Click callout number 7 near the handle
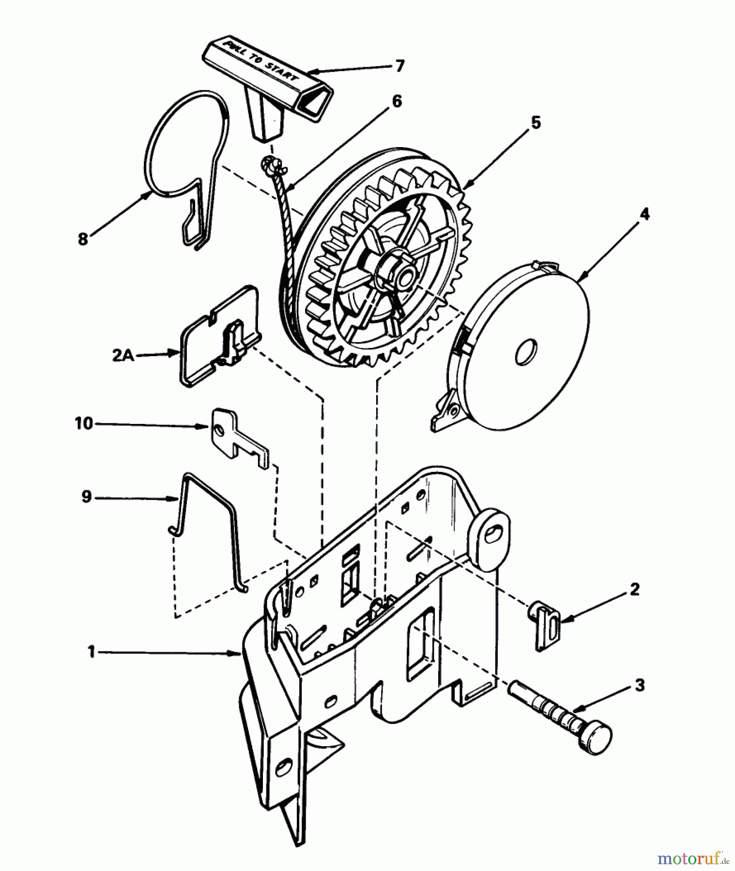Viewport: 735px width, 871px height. pos(399,65)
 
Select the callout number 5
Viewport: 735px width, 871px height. pos(535,122)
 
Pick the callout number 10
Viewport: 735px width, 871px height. pos(84,423)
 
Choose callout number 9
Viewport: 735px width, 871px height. pos(87,497)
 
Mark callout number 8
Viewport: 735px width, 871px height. pos(83,239)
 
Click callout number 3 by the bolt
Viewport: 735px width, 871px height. pos(639,685)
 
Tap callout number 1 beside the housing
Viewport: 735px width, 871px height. pos(91,652)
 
